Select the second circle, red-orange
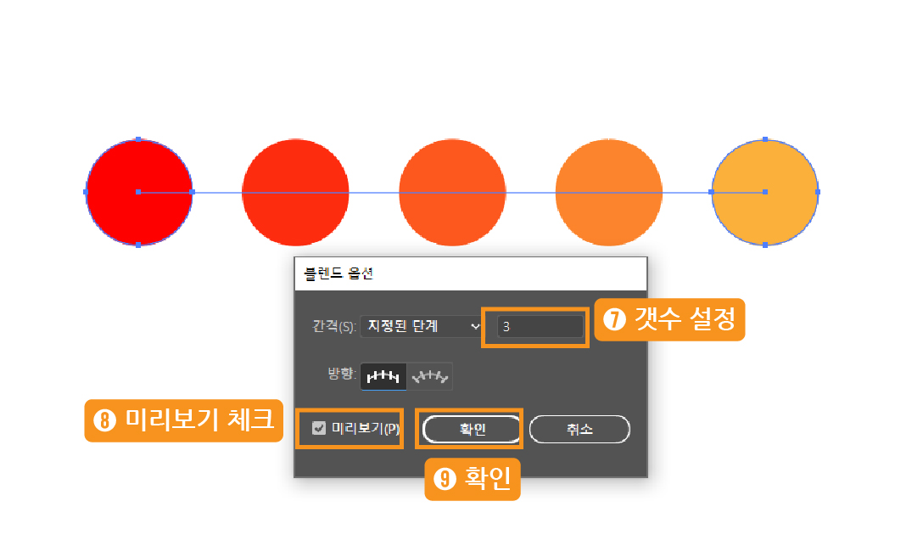tap(295, 192)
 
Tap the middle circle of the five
tap(452, 192)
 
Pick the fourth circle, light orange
tap(608, 192)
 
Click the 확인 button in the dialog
tap(472, 429)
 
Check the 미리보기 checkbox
tap(320, 429)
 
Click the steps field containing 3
tap(540, 326)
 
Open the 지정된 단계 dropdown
tap(421, 326)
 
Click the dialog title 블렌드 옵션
tap(338, 273)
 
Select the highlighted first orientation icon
tap(383, 376)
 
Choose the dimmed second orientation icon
tap(430, 376)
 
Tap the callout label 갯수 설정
tap(669, 319)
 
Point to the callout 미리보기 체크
tap(183, 420)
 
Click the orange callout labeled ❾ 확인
tap(472, 480)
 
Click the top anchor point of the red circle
tap(138, 139)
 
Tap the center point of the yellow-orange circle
tap(765, 192)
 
